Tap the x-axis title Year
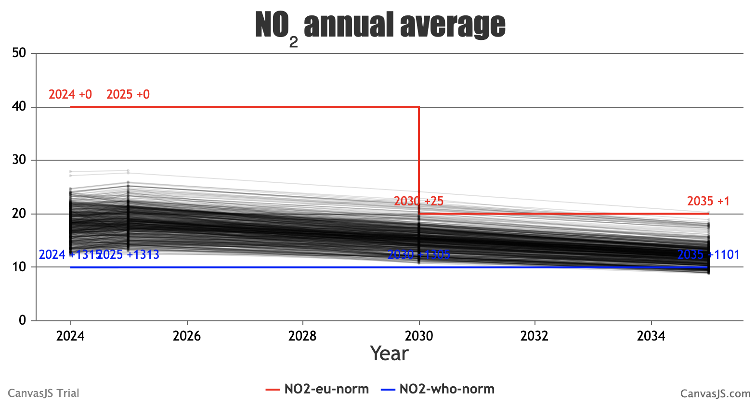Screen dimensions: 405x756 pos(389,354)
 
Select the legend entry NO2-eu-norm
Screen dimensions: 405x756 pos(326,389)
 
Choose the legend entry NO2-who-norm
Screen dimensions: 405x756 pos(446,389)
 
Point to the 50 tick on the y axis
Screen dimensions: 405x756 pos(19,53)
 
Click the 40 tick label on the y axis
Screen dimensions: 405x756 pos(19,107)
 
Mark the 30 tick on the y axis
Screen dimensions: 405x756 pos(19,160)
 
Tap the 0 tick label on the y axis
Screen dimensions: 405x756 pos(22,320)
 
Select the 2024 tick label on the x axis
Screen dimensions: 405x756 pos(70,336)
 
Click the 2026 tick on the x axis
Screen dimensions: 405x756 pos(187,336)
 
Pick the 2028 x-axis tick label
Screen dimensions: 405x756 pos(302,336)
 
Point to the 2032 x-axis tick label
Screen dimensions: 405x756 pos(534,336)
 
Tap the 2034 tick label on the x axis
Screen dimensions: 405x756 pos(651,336)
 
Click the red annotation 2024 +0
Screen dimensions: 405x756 pos(70,94)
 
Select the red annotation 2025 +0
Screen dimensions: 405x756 pos(128,94)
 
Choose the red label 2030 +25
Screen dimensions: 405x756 pos(418,201)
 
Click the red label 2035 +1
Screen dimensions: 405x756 pos(708,201)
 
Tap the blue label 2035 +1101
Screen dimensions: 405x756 pos(708,254)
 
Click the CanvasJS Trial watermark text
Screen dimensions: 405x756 pos(43,393)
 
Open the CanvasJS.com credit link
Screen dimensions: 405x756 pos(715,393)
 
